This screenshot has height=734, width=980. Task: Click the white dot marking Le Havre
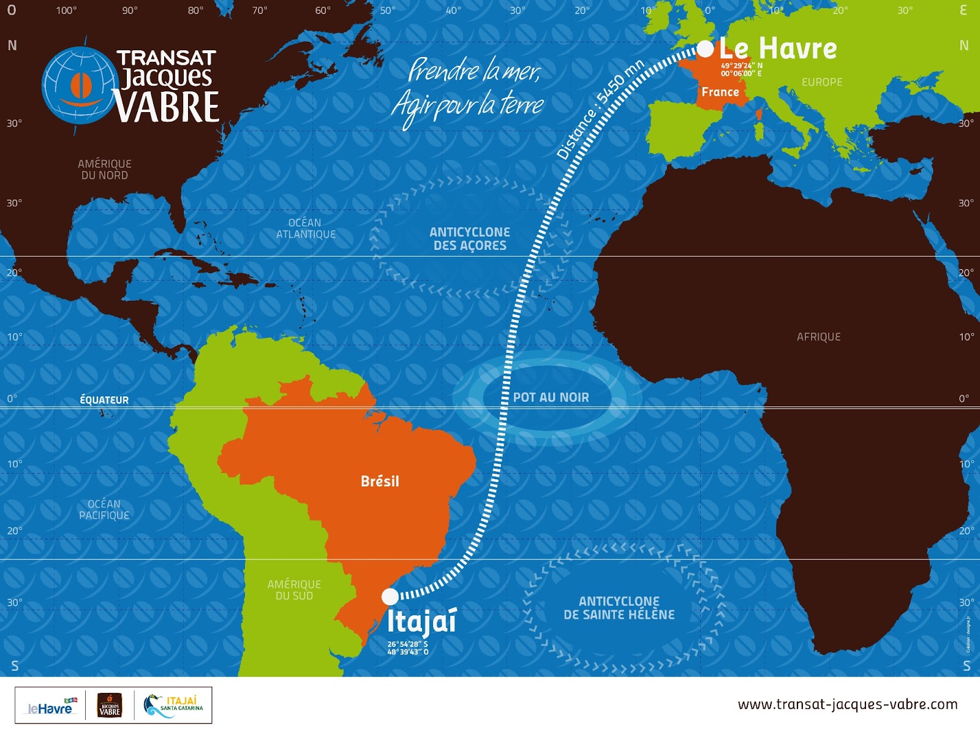point(706,48)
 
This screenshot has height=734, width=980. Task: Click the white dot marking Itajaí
point(390,596)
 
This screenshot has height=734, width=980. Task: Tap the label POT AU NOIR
point(551,397)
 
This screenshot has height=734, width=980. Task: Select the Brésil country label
point(380,481)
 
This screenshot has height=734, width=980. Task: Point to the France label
point(720,92)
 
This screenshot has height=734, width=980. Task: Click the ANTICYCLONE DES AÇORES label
point(470,238)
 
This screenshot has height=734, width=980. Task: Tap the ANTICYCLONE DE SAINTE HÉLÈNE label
point(619,608)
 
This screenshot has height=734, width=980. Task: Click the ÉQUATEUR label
point(104,399)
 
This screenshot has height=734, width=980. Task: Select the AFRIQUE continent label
point(818,336)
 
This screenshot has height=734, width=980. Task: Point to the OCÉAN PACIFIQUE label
point(104,509)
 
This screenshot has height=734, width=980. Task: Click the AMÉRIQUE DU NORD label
point(104,169)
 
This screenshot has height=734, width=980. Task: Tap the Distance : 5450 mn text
point(600,110)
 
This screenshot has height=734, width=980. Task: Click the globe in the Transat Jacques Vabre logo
point(80,86)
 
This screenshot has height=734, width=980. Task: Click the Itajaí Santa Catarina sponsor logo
point(174,705)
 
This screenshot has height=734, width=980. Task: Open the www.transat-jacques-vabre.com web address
point(848,704)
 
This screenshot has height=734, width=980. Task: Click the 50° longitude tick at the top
point(387,10)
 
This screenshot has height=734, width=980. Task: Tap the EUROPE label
point(821,82)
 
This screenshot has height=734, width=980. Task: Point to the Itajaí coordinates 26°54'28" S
point(407,644)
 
